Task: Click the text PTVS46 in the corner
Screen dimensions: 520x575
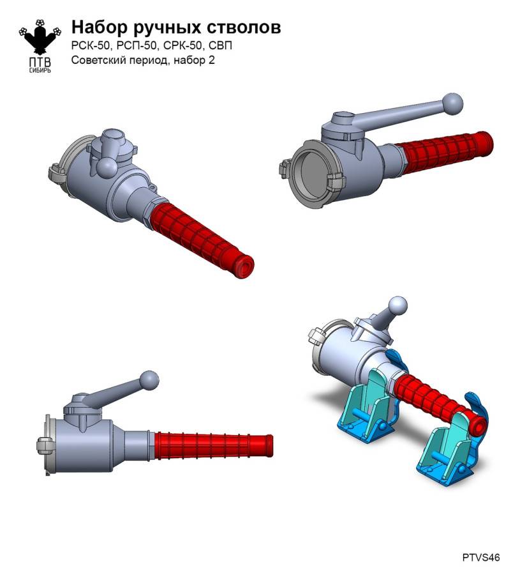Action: tap(480, 557)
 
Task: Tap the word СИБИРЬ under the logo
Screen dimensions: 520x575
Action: tap(40, 70)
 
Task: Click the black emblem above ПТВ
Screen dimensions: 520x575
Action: tap(40, 36)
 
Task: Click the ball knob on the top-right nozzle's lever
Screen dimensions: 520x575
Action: tap(452, 104)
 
